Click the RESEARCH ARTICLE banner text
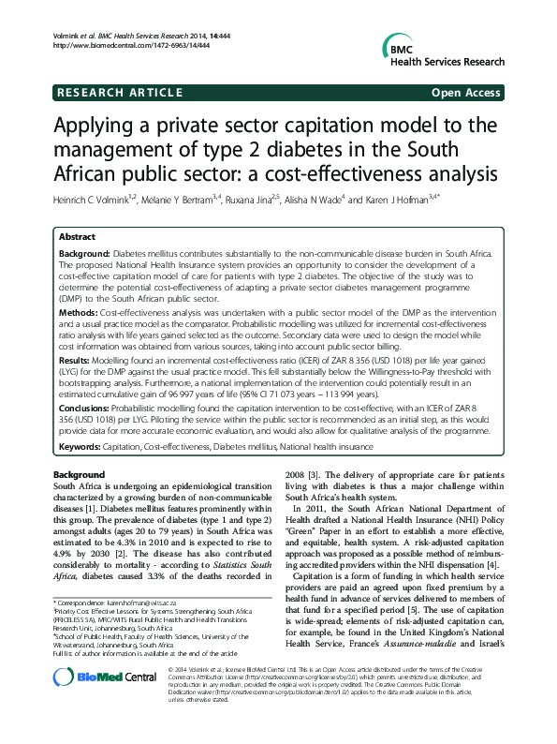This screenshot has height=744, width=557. tap(118, 93)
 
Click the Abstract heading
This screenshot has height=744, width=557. tap(78, 238)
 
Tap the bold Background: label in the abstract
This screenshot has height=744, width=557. tap(85, 255)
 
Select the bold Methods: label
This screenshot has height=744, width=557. tap(78, 309)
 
